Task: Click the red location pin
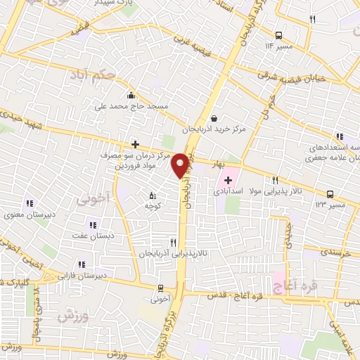[181, 165]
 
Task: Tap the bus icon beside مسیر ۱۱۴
[279, 34]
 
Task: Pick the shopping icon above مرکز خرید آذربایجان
[214, 119]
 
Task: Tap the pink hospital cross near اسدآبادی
[228, 180]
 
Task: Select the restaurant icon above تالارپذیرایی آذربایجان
[173, 241]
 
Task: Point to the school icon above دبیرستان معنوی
[29, 203]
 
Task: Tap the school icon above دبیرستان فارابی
[82, 264]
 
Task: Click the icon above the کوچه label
[153, 196]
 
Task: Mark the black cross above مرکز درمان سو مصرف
[136, 143]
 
